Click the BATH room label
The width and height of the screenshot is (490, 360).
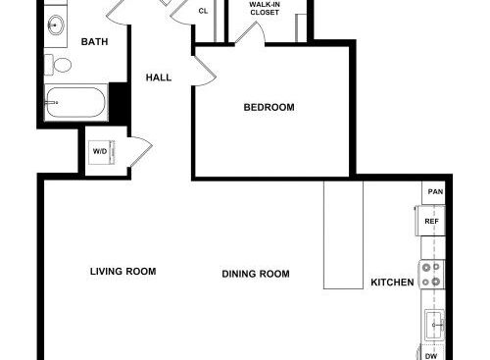coord(94,42)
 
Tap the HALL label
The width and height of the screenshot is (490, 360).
coord(159,77)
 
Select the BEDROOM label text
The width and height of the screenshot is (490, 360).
coord(269,107)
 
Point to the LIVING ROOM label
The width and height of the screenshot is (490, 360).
coord(122,272)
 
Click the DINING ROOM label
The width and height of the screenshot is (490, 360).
coord(256,274)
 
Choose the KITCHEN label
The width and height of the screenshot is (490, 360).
coord(392,283)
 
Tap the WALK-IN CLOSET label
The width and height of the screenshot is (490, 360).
coord(265,9)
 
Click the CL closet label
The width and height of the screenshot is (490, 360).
coord(203,11)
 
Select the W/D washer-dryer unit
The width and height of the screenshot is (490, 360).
coord(102,152)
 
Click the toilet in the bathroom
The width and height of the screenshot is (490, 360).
coord(58,65)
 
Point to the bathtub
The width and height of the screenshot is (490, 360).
coord(75,102)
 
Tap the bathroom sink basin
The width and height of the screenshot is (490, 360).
coord(56,25)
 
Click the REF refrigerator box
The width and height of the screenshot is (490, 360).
coord(430,221)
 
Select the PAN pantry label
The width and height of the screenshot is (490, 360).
coord(435,191)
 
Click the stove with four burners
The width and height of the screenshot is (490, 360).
coord(431,275)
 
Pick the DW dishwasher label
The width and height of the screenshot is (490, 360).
coord(431,356)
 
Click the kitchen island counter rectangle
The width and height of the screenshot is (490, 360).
coord(343,234)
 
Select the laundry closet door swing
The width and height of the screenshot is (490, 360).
coord(141,151)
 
